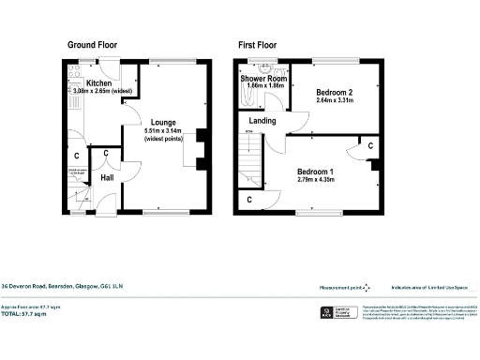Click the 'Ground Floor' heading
point(92,44)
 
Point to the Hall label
point(107,176)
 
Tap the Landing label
point(262,121)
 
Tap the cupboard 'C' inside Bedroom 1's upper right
point(370,146)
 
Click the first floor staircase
point(249,170)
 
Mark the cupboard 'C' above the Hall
point(106,153)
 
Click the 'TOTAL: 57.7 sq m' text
point(30,315)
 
